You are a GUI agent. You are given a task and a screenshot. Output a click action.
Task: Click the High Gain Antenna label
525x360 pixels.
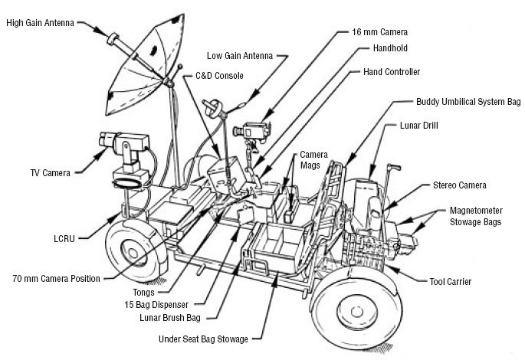click(x=41, y=22)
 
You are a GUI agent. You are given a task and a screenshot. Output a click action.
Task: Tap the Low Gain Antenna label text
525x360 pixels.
click(x=243, y=55)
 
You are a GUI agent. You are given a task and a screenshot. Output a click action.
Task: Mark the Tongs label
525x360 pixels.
click(x=143, y=291)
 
